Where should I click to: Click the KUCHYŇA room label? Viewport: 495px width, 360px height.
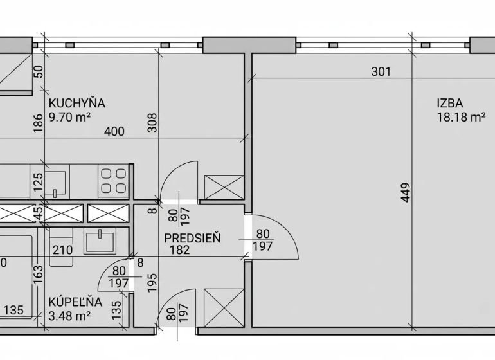click(76, 104)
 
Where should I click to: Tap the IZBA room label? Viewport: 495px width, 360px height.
click(450, 104)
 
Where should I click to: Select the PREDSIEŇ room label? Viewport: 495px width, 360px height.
click(192, 238)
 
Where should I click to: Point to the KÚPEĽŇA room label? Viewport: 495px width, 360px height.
click(75, 302)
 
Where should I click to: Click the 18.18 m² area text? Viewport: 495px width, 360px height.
click(461, 117)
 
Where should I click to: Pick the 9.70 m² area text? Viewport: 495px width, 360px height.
click(70, 117)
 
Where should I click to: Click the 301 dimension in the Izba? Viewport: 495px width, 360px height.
click(381, 72)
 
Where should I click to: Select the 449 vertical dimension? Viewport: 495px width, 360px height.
click(406, 192)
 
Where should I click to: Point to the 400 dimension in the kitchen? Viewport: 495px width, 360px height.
click(114, 131)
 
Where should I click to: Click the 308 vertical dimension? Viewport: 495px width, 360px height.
click(152, 123)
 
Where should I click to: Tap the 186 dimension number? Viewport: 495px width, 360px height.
click(38, 123)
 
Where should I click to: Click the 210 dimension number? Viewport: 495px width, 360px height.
click(62, 250)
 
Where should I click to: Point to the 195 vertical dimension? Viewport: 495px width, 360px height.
click(152, 282)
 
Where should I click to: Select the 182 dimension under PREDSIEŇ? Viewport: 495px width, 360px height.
click(180, 250)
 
